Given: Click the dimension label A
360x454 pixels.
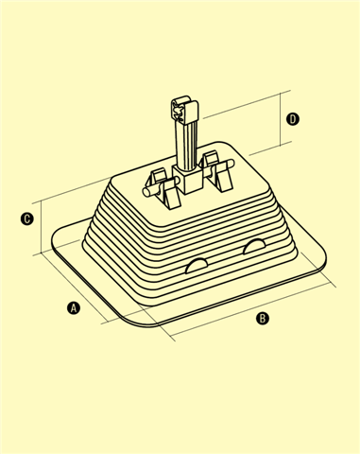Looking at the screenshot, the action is tap(74, 307).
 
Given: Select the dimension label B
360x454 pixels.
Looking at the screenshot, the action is tap(263, 319).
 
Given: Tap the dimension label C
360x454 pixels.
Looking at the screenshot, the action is tap(27, 218).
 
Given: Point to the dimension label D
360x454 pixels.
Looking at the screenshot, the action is tap(293, 119).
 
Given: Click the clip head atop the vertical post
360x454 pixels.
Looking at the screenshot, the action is tap(184, 112).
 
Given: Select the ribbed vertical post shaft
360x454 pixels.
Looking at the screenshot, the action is tap(186, 147).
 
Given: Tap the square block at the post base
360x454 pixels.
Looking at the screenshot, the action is tap(188, 180).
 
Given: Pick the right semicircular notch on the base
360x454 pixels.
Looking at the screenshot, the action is tap(254, 246).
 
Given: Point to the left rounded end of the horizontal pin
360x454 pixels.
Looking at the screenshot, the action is tap(146, 192).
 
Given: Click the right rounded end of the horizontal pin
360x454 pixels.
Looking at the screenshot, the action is tap(231, 164).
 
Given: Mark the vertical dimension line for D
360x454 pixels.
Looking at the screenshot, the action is tap(280, 119).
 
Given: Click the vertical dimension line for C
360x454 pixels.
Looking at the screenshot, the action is tap(42, 227).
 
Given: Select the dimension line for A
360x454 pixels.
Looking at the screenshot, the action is tap(73, 287).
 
